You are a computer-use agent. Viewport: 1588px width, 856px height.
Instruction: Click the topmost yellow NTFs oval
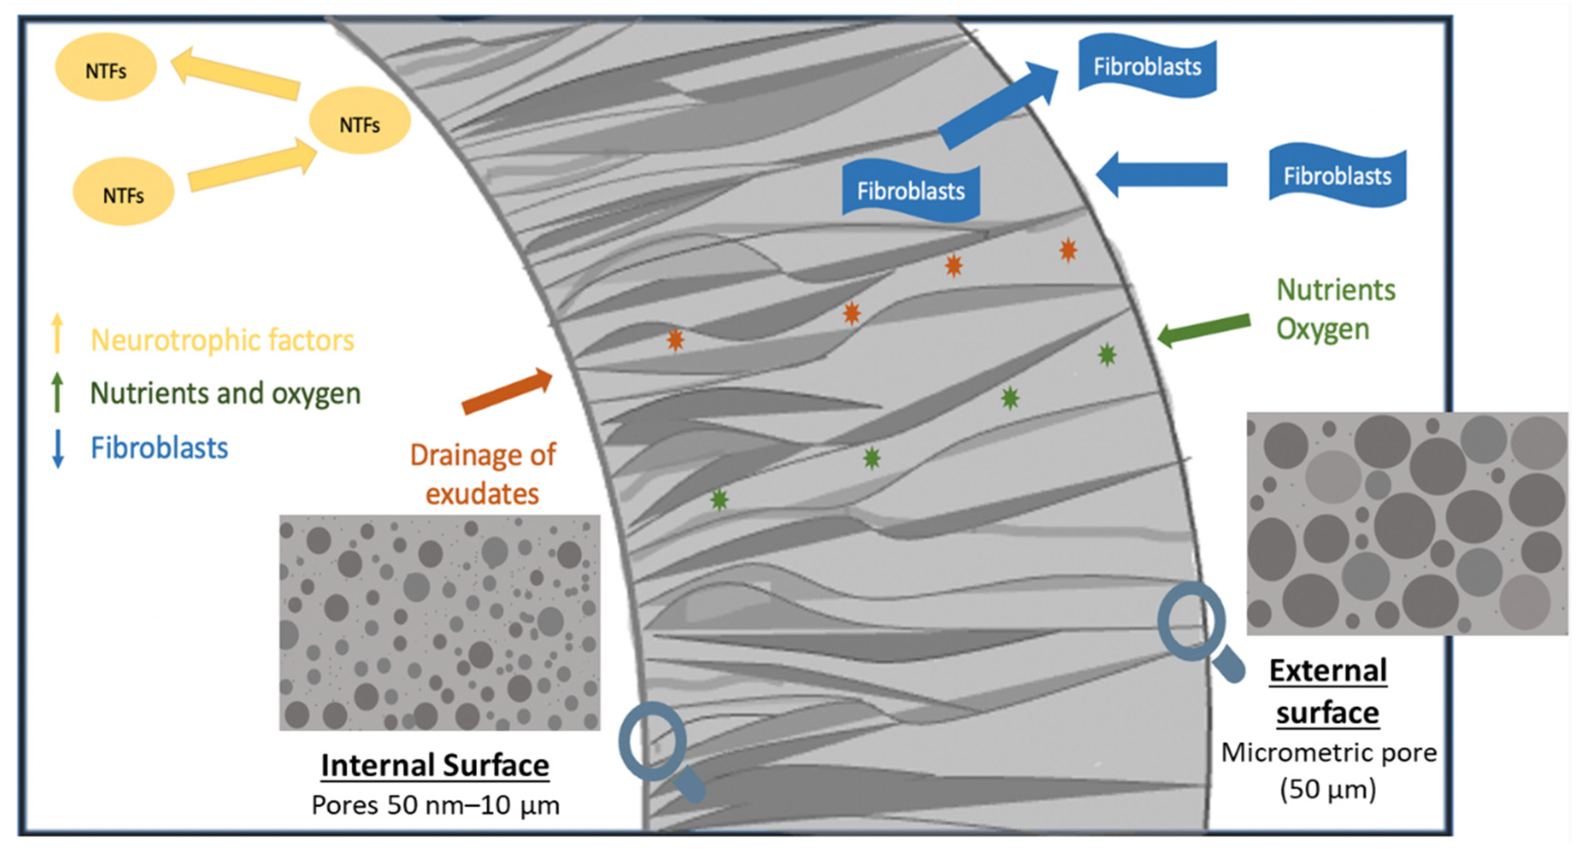[x=106, y=67]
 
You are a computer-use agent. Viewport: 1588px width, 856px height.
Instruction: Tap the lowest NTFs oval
[x=123, y=192]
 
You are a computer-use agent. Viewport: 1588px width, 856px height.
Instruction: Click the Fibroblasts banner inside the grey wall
[x=910, y=191]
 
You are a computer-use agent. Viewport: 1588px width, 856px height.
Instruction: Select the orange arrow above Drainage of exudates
[x=507, y=391]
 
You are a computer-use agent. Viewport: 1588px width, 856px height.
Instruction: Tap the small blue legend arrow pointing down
[x=58, y=449]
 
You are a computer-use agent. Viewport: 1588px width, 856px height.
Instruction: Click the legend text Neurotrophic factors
[x=223, y=340]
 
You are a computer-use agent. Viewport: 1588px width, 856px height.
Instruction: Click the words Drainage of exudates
[x=483, y=474]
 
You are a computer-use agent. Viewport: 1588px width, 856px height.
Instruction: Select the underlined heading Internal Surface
[x=435, y=765]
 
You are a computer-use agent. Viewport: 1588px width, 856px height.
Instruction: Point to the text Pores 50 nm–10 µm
[x=435, y=805]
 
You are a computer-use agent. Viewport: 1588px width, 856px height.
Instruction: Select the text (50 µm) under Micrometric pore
[x=1328, y=789]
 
